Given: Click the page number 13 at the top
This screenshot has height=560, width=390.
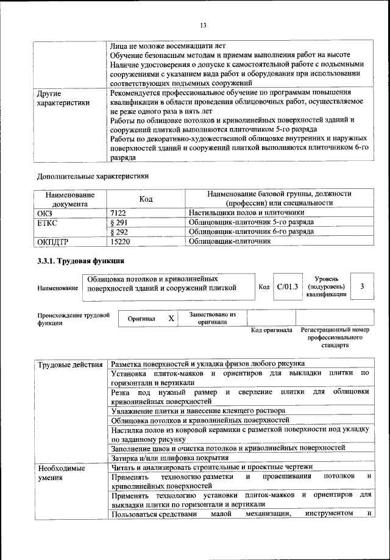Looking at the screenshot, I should click(204, 25).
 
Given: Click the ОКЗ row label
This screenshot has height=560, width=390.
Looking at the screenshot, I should click(46, 213).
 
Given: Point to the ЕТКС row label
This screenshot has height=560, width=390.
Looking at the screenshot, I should click(48, 222).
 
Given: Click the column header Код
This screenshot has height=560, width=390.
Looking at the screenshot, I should click(146, 198).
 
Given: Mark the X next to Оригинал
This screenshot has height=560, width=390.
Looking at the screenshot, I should click(171, 318).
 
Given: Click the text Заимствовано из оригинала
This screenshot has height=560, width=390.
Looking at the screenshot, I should click(212, 318).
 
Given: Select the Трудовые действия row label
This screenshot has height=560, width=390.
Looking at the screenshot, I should click(70, 365).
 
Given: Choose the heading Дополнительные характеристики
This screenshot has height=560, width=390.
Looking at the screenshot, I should click(93, 176).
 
